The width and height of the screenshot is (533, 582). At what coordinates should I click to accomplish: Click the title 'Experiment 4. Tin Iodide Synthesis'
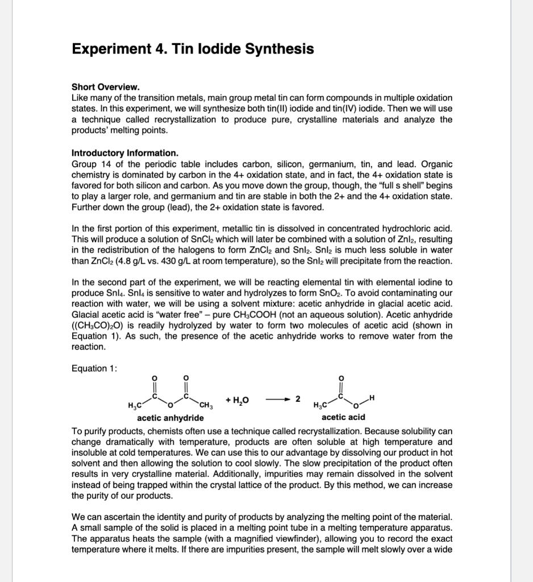193,49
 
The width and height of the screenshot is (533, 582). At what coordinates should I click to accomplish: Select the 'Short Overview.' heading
105,87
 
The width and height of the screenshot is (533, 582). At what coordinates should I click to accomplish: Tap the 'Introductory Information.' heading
125,153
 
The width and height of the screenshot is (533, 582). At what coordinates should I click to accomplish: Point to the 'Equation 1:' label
94,368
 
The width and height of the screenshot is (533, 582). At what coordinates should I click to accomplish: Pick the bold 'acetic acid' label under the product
343,417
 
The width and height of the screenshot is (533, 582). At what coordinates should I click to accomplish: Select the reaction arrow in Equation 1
277,400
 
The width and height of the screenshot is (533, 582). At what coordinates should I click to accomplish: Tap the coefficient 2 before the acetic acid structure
297,400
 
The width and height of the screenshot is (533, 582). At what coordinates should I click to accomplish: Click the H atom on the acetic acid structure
373,398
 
